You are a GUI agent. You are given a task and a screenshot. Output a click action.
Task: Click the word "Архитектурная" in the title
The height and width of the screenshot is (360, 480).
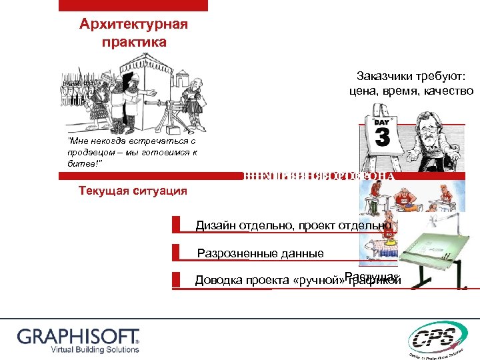(x=133, y=25)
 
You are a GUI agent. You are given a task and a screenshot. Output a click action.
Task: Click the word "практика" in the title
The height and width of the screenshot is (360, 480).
(x=133, y=42)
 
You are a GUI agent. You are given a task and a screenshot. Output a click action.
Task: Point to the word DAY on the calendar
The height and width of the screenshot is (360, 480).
(x=382, y=123)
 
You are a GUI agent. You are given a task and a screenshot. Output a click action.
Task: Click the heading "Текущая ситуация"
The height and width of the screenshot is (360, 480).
(x=133, y=191)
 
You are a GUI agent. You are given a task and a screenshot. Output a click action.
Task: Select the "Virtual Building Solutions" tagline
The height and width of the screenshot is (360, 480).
(x=79, y=349)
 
